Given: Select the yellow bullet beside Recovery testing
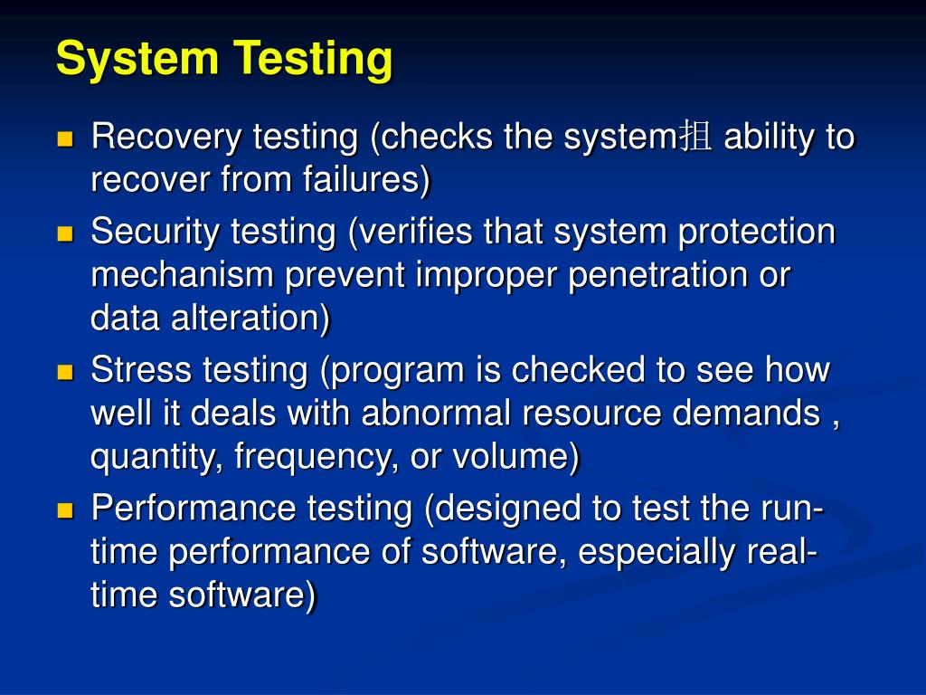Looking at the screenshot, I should [x=65, y=139].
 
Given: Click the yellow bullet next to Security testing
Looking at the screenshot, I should [x=65, y=233].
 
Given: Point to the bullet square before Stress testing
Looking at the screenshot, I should [x=65, y=372].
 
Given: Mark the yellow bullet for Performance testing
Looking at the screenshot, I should [x=65, y=510].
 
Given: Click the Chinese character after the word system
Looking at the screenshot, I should [x=696, y=138].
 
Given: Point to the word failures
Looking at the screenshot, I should [x=362, y=181].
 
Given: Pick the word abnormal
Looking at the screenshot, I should [x=437, y=414].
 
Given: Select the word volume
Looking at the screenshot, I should [x=515, y=458].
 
